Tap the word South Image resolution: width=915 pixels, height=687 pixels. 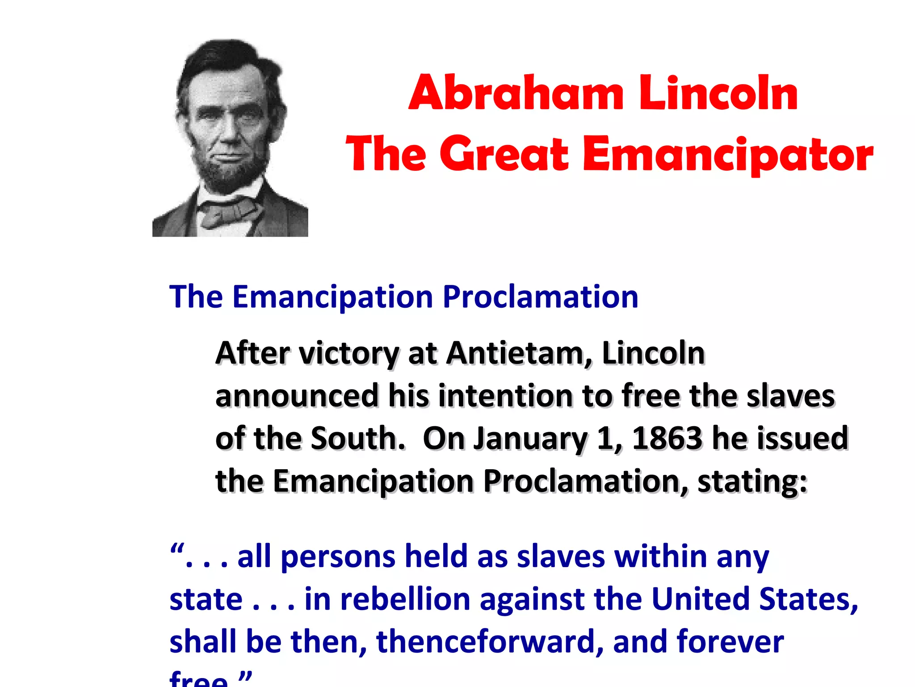[358, 438]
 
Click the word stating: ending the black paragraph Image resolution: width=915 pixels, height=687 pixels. [752, 482]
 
